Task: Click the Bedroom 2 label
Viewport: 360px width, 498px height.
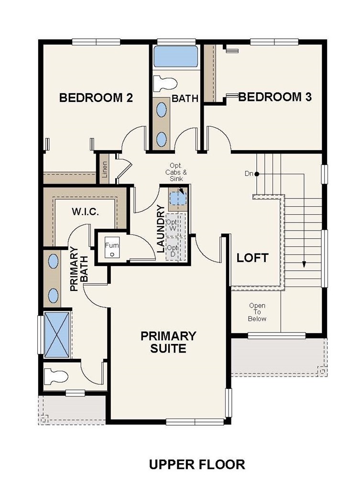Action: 96,98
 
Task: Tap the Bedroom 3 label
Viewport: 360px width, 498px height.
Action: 275,97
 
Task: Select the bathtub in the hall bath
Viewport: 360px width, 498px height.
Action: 176,56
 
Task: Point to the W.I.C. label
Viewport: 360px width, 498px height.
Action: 85,212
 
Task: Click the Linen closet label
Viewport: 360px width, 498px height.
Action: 104,169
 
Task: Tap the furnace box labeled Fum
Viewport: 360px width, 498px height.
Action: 112,249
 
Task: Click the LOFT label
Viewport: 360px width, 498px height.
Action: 253,258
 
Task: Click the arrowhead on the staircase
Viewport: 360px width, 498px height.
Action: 304,264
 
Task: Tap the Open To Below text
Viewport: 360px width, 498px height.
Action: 257,312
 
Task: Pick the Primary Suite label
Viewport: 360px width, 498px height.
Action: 168,342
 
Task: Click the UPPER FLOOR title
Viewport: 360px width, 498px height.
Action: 197,465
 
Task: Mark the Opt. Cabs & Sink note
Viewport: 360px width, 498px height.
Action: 176,172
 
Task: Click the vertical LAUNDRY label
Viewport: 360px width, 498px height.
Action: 161,229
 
